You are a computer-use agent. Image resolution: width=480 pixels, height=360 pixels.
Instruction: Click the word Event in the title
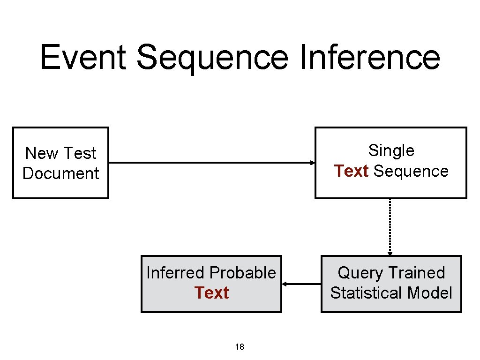(83, 57)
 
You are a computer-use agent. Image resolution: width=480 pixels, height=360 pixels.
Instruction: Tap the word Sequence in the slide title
(212, 57)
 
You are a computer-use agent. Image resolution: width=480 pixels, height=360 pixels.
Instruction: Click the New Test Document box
(60, 163)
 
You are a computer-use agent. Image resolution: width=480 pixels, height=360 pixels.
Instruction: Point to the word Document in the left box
(60, 173)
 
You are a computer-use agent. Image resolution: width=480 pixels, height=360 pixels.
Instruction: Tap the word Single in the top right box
(391, 150)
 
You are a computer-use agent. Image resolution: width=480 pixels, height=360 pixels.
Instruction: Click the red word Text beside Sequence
(351, 172)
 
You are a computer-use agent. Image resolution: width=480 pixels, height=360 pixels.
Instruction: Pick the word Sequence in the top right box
(411, 172)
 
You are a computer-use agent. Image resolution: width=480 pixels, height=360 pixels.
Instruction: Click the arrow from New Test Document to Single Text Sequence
(211, 163)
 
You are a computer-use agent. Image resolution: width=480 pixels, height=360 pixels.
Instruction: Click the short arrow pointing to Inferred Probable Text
(301, 284)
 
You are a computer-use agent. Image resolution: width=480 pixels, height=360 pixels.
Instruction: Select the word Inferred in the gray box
(176, 273)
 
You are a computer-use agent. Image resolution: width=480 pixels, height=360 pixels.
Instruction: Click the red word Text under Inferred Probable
(211, 293)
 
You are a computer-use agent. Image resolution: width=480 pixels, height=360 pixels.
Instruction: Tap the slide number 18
(240, 347)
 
